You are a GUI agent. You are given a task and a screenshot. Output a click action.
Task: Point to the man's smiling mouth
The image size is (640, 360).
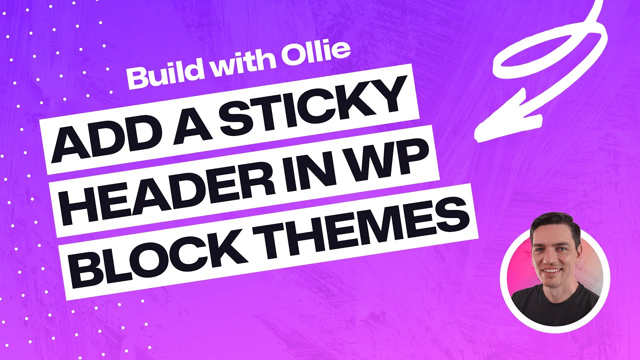(552, 271)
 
